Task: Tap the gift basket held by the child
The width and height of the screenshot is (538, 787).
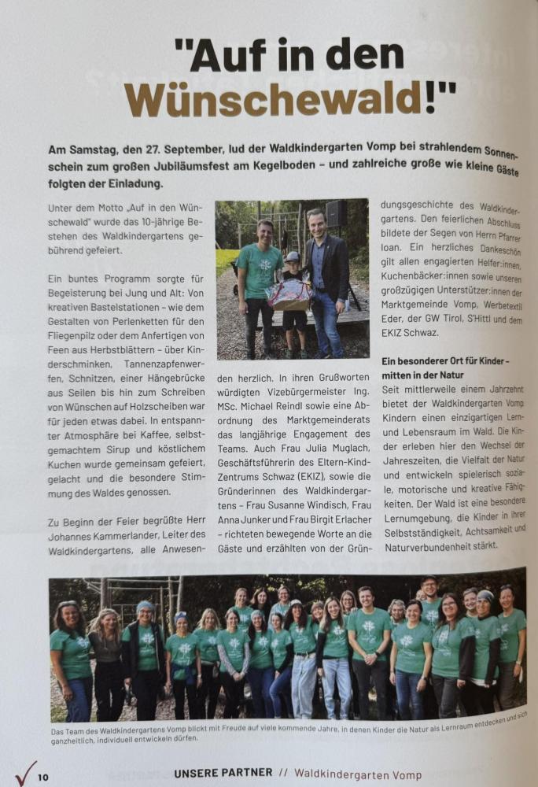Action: click(x=289, y=294)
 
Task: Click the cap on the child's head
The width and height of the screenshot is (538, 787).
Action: click(x=293, y=256)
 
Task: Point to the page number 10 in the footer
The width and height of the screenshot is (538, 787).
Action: click(x=42, y=778)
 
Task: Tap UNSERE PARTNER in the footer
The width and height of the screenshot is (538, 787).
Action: click(x=223, y=773)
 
